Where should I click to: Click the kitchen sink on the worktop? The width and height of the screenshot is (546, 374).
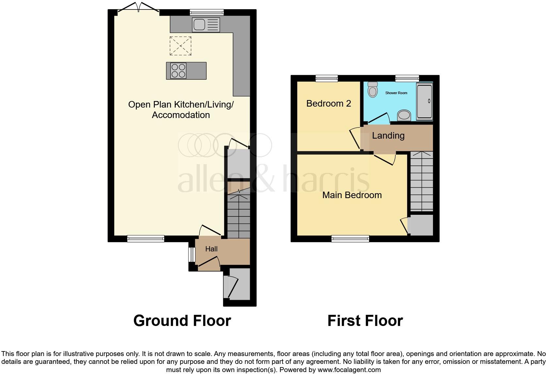[x=206, y=25]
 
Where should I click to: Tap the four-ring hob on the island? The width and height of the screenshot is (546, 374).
[x=178, y=71]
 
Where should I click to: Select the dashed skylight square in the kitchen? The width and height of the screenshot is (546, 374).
[x=180, y=45]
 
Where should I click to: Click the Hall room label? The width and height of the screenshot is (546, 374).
[x=211, y=249]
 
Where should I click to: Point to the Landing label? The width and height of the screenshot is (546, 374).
[x=388, y=136]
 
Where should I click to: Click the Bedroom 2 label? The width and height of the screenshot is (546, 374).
[x=329, y=104]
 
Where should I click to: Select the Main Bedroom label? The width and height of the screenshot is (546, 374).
[x=352, y=195]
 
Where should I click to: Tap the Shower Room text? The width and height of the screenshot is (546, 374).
[x=396, y=93]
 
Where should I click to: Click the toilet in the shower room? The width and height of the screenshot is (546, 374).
[x=372, y=89]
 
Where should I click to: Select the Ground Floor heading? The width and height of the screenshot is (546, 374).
[x=182, y=321]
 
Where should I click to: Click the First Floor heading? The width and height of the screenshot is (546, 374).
[x=365, y=321]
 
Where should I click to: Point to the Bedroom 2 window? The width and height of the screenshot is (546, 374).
[x=327, y=78]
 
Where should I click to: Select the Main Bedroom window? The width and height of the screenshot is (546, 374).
[x=350, y=239]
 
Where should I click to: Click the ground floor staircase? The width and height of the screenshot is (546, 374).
[x=238, y=216]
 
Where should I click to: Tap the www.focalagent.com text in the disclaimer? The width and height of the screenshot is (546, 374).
[x=349, y=370]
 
